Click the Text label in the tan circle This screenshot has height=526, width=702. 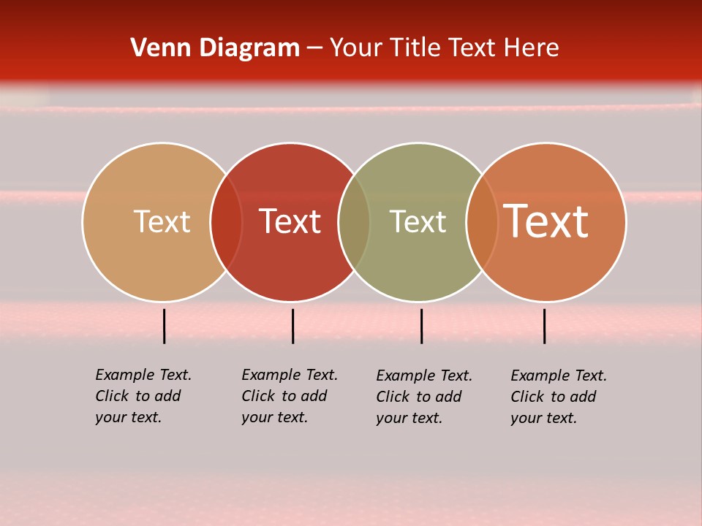tap(162, 221)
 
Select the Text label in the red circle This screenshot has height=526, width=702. tap(290, 221)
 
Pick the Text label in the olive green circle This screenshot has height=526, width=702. tap(418, 221)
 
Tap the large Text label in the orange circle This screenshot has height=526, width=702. tap(546, 221)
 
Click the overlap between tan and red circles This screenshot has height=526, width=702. tap(226, 222)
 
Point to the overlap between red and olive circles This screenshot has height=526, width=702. tap(354, 222)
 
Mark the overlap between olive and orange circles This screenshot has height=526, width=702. tap(482, 222)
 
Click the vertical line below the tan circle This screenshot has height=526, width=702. tap(165, 326)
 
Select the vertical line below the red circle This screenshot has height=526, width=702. tap(292, 326)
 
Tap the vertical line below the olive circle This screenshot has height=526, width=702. tap(421, 326)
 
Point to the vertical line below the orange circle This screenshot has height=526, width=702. tap(544, 326)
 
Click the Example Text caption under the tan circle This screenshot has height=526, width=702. tap(143, 396)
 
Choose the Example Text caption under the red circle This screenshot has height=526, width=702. tap(289, 396)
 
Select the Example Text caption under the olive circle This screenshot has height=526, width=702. tap(423, 397)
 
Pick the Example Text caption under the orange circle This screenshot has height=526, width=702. tap(558, 397)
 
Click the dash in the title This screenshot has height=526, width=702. tap(314, 49)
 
